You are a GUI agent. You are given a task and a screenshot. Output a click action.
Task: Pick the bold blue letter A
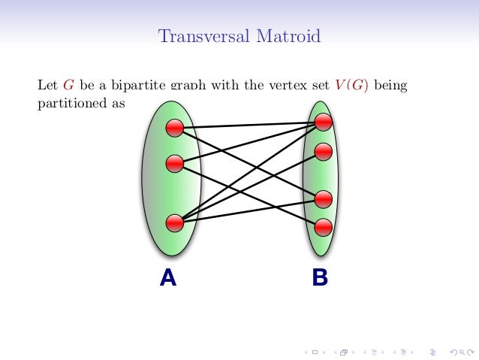tap(168, 279)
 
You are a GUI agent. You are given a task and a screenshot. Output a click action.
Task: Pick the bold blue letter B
tap(320, 279)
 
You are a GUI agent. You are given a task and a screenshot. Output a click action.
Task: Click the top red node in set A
tap(175, 128)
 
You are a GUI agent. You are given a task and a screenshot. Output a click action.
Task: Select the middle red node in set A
tap(175, 162)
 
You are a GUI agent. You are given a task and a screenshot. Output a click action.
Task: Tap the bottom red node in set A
tap(175, 222)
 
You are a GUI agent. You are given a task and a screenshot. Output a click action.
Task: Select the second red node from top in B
tap(324, 150)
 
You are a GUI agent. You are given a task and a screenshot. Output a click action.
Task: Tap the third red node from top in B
tap(324, 199)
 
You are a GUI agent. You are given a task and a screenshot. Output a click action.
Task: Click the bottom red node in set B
tap(324, 225)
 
